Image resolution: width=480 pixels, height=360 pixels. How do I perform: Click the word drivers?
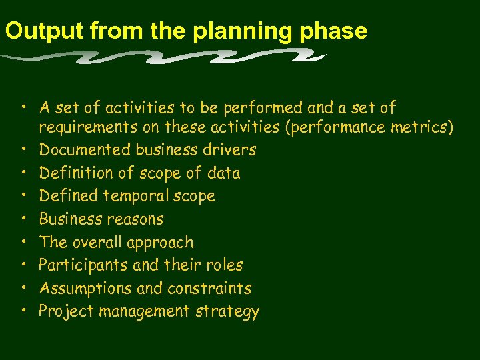231,150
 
